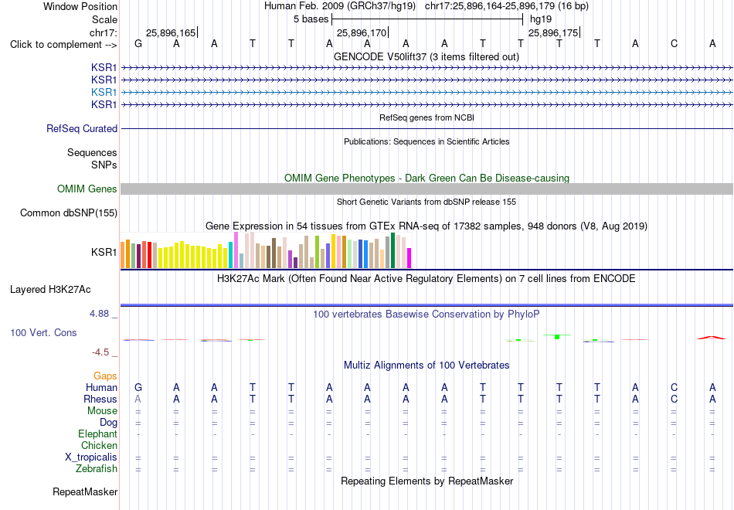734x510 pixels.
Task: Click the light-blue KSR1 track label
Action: coord(104,92)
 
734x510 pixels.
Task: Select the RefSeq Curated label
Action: coord(82,128)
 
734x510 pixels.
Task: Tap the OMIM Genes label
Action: coord(87,189)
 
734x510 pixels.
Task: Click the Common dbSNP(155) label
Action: coord(69,213)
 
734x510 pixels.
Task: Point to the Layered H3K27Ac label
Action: coord(50,290)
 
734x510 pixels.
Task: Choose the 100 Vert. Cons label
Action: coord(43,332)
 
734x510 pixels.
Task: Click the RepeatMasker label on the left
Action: coord(85,491)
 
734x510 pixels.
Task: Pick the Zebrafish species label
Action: coord(97,468)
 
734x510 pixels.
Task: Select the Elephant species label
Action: coord(97,433)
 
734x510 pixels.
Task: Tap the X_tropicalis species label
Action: coord(91,457)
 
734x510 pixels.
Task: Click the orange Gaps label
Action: coord(105,376)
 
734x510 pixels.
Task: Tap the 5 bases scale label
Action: coord(311,19)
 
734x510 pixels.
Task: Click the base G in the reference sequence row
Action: coord(138,43)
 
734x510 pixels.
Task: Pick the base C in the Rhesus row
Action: coord(674,399)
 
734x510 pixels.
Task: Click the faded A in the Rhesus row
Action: coord(138,399)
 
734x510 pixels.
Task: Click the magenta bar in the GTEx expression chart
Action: coord(409,258)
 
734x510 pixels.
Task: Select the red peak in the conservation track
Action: coord(712,337)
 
